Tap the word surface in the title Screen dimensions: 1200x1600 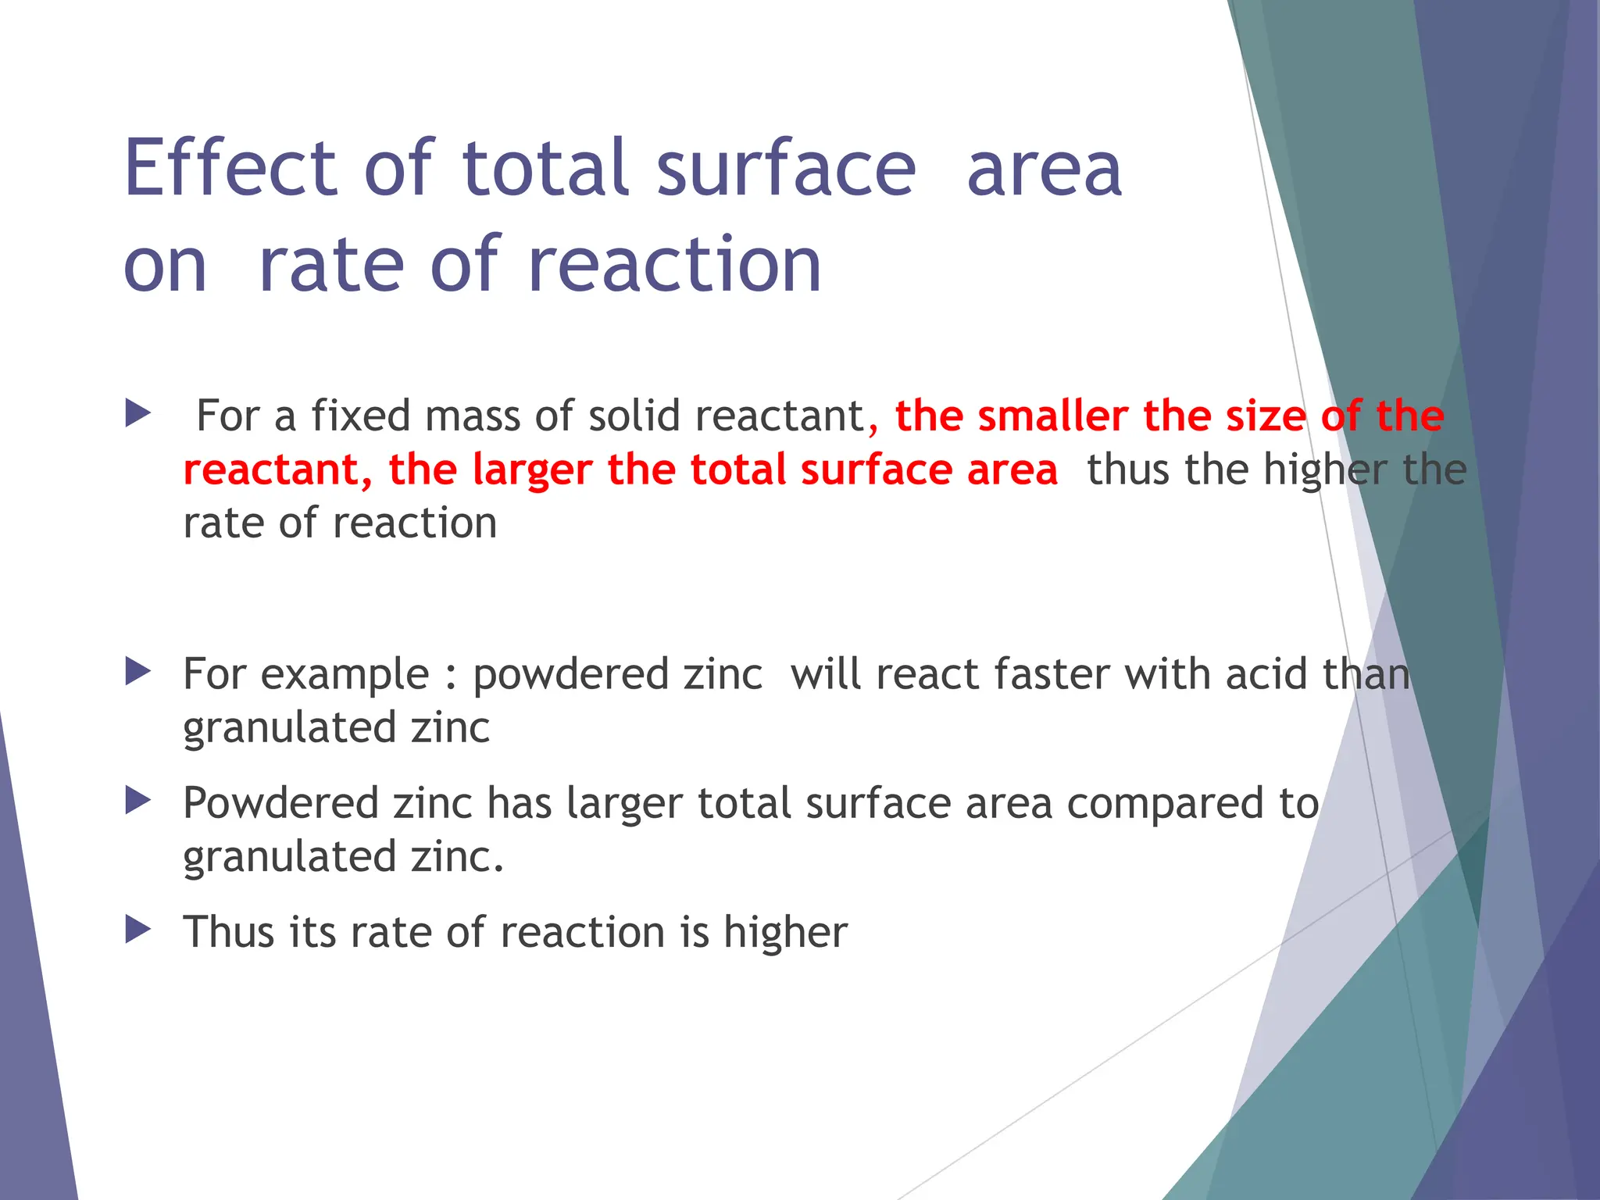785,168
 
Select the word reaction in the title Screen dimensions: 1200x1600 675,266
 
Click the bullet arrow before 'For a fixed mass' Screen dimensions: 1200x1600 137,413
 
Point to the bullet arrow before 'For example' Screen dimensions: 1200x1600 137,672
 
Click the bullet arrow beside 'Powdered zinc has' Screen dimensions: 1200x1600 137,801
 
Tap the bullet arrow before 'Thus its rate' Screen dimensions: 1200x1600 137,930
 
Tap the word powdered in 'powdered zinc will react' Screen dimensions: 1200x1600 570,675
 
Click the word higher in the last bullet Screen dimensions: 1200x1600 785,933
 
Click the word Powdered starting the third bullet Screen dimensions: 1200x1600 280,804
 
